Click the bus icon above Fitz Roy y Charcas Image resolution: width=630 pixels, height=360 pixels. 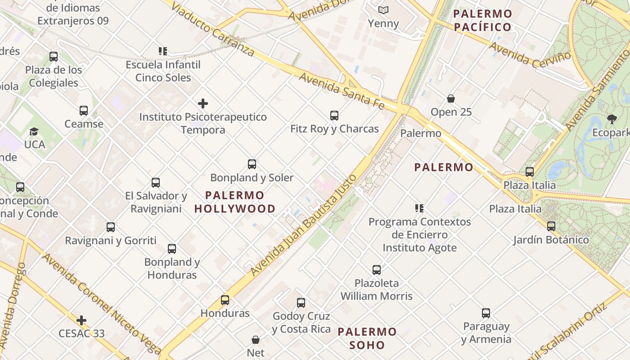coord(334,116)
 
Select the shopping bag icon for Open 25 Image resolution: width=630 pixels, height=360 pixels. coord(451,99)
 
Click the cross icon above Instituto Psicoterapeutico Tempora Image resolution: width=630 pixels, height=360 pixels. coord(203,103)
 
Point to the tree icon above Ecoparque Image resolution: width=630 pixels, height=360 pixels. coord(612,119)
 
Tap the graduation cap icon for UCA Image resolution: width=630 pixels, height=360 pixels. coord(34,131)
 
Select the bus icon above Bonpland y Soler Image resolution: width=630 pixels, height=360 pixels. coord(252,164)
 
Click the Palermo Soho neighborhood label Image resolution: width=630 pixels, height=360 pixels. coord(367,338)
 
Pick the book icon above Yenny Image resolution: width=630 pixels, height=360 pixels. coord(383,10)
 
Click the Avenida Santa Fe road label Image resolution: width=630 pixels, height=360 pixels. coord(342,90)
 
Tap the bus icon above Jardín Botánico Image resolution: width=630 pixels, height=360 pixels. coord(551,226)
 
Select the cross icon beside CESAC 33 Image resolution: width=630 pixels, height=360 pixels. coord(81,320)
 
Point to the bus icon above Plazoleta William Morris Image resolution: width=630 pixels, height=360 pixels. coord(377,270)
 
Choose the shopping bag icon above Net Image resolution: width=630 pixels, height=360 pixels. coord(256,339)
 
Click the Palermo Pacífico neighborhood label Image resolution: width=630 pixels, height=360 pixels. coord(483,20)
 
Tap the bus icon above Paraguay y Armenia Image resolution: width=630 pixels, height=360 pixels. coord(486,313)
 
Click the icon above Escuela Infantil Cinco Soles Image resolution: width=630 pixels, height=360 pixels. coord(163,51)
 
